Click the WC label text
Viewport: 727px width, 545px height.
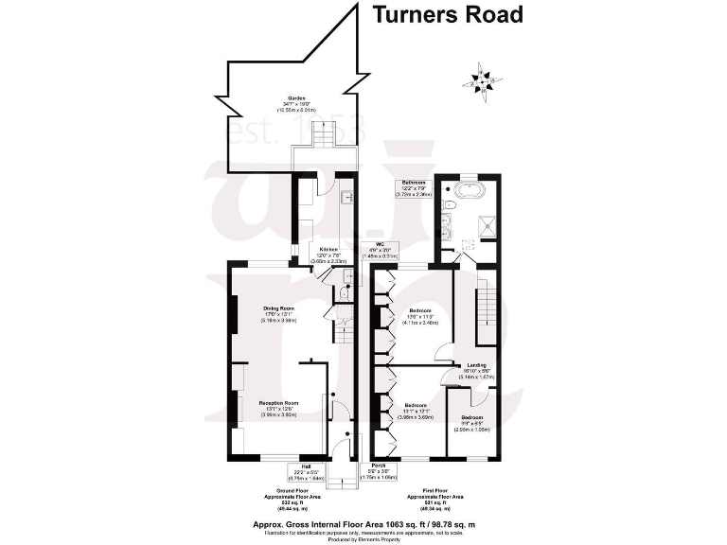[x=380, y=243]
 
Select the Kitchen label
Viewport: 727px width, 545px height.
[x=328, y=251]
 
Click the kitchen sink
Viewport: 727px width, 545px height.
[x=347, y=199]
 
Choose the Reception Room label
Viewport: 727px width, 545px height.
[x=279, y=402]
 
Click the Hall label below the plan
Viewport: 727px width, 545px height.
[x=306, y=466]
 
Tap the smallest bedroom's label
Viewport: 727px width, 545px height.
[x=471, y=416]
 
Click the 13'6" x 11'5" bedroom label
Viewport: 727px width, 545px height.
[x=420, y=310]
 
